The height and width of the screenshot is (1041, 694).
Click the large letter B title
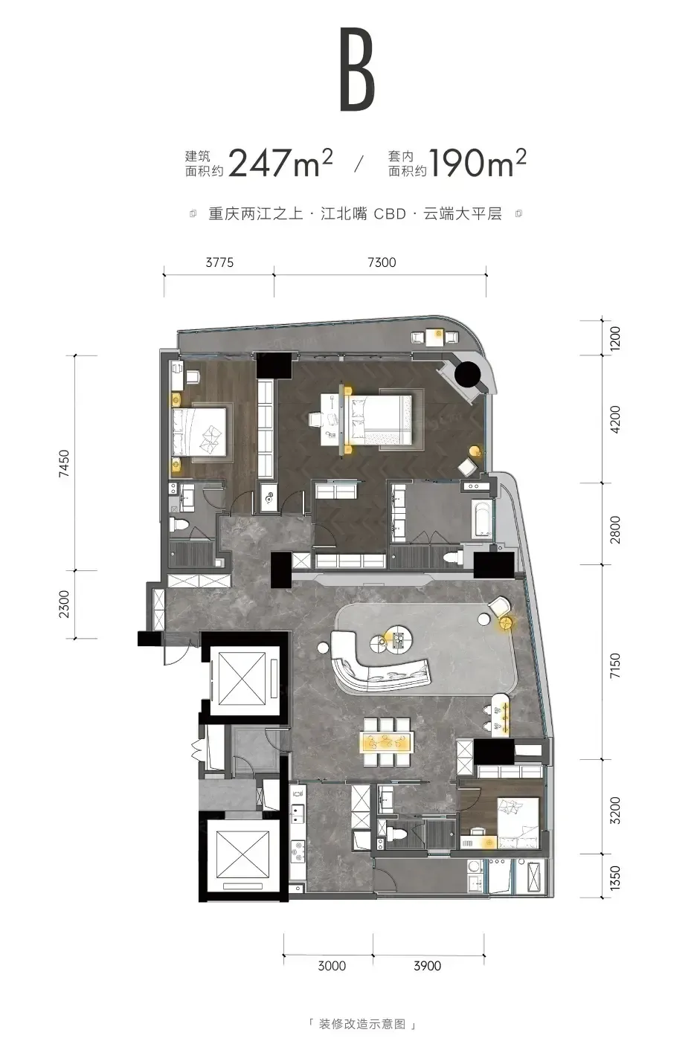pyautogui.click(x=357, y=70)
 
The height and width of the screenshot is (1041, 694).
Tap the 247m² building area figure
pyautogui.click(x=280, y=164)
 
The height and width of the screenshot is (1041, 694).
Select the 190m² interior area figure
pyautogui.click(x=478, y=164)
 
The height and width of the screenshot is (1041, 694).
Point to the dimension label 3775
pyautogui.click(x=219, y=262)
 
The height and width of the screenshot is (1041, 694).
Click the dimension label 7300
pyautogui.click(x=382, y=262)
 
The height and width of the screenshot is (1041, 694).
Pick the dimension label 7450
pyautogui.click(x=64, y=463)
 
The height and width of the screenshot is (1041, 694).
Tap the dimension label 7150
pyautogui.click(x=614, y=665)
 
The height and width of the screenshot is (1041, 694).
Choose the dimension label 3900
pyautogui.click(x=427, y=966)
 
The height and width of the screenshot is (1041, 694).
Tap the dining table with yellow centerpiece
pyautogui.click(x=388, y=742)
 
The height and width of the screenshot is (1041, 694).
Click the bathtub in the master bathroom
pyautogui.click(x=481, y=519)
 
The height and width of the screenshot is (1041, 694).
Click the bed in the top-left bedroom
pyautogui.click(x=199, y=432)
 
